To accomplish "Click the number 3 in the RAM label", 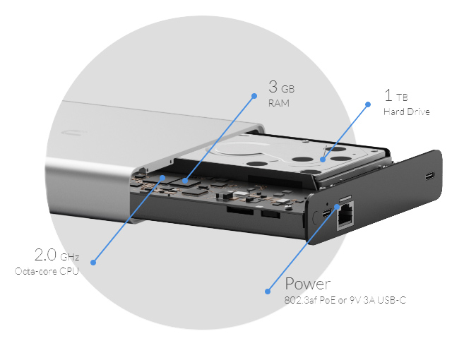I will click(273, 88).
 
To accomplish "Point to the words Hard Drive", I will click(406, 112).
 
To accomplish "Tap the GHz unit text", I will click(69, 257).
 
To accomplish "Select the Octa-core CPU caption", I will click(47, 271).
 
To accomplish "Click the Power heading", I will click(307, 284).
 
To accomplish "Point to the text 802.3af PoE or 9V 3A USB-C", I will click(345, 300).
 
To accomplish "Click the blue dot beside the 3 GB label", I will click(254, 94).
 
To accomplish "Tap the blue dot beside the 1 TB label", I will click(368, 104).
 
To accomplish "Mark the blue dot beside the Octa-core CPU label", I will click(93, 263).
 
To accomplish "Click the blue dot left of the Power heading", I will click(268, 290).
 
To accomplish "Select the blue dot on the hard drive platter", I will click(323, 160).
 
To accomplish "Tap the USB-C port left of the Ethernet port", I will click(326, 213).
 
